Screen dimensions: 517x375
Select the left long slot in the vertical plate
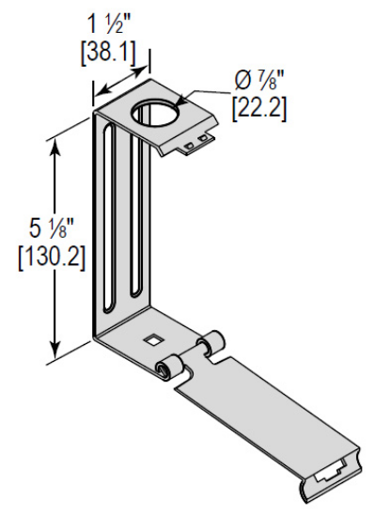pyautogui.click(x=112, y=226)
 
